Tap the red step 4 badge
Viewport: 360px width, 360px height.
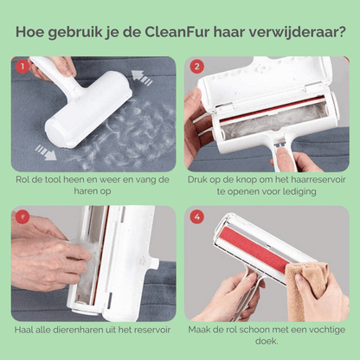pyautogui.click(x=196, y=216)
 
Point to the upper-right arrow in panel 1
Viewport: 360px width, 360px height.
pyautogui.click(x=145, y=79)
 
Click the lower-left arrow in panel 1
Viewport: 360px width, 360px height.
pyautogui.click(x=46, y=153)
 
